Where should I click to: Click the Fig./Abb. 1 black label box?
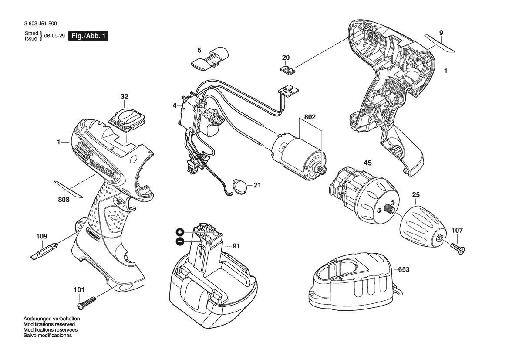tap(88, 36)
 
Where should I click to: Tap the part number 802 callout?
tap(310, 117)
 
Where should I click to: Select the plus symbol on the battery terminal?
tap(180, 232)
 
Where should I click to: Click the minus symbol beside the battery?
tap(180, 241)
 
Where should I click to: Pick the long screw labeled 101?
tap(87, 302)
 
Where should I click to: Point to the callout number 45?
tap(367, 163)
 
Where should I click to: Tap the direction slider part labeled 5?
tap(209, 58)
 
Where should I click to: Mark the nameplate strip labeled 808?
tap(69, 189)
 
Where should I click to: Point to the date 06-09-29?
tap(54, 36)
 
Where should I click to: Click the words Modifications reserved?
tap(49, 324)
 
